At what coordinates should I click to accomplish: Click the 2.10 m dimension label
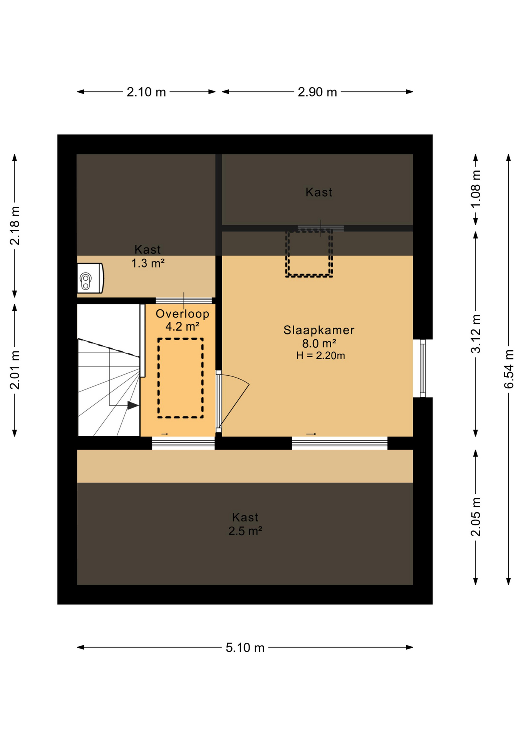tap(146, 92)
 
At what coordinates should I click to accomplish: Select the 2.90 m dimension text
tap(317, 92)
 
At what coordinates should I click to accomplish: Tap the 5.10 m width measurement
tap(245, 647)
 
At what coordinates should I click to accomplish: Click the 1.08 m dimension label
tap(476, 189)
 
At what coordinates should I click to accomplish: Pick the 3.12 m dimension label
tap(476, 333)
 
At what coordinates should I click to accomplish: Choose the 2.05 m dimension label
tap(476, 517)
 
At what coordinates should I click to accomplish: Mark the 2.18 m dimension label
tap(15, 226)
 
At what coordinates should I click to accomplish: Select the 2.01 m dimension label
tap(15, 370)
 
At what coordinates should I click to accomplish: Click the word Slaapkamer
tap(318, 330)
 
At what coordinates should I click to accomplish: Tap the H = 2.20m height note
tap(320, 355)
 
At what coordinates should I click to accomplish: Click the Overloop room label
tap(182, 314)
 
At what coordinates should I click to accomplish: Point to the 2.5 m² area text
tap(245, 531)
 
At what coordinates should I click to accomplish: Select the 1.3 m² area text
tap(148, 263)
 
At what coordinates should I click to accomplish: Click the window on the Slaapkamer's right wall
tap(422, 368)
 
